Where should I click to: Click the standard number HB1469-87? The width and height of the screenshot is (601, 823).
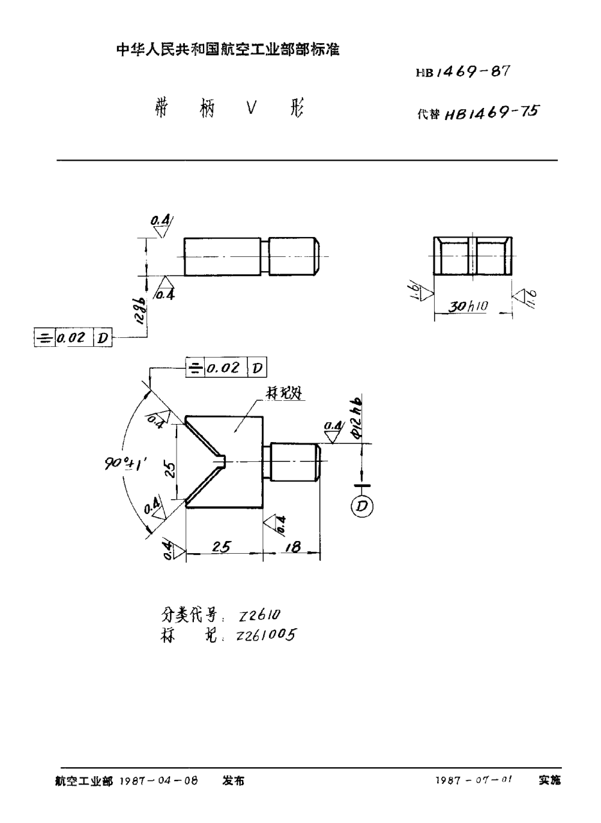[x=462, y=72]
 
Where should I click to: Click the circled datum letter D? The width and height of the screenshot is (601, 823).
[x=362, y=506]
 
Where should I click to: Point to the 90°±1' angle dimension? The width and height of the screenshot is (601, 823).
[x=126, y=463]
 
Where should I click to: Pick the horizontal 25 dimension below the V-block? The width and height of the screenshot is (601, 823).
[x=222, y=547]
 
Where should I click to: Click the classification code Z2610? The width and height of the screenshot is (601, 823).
[x=259, y=615]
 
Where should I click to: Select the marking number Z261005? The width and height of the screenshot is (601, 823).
[x=266, y=635]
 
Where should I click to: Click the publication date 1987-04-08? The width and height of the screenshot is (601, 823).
[x=159, y=781]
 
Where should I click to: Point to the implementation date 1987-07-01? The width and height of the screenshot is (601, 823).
[x=474, y=781]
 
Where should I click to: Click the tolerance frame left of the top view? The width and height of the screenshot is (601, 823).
[x=73, y=337]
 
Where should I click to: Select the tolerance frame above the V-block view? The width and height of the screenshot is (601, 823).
[x=225, y=368]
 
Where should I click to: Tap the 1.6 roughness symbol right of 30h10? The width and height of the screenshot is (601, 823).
[x=524, y=297]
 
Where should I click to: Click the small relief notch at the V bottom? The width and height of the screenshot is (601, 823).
[x=222, y=461]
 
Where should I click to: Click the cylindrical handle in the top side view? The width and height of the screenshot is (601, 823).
[x=293, y=256]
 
